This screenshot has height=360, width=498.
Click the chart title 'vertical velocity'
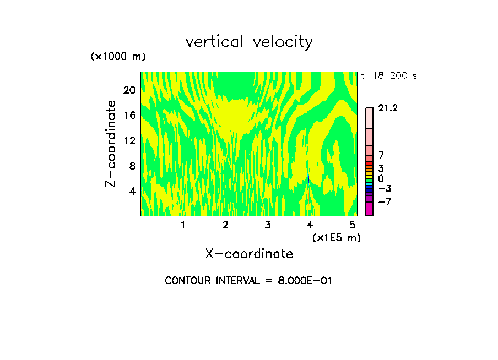[x=249, y=42]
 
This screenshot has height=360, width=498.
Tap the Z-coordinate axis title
[x=111, y=144]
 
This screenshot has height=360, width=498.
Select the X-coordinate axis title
[x=249, y=254]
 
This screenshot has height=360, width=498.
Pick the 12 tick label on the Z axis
[x=129, y=140]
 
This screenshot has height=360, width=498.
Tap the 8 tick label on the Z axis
[x=132, y=166]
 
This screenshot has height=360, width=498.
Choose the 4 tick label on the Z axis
[x=132, y=191]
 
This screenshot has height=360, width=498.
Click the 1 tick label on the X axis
[x=183, y=225]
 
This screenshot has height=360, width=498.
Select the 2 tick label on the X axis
[x=225, y=225]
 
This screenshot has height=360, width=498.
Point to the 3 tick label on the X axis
[x=268, y=225]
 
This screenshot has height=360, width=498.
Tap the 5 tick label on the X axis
[x=353, y=225]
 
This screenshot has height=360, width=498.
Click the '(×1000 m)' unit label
[x=118, y=57]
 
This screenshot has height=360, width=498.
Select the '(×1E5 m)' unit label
[x=336, y=237]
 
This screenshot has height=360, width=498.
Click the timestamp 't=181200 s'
[x=388, y=76]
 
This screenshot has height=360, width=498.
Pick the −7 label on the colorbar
[x=385, y=202]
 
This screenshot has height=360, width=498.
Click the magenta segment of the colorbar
[x=369, y=209]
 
